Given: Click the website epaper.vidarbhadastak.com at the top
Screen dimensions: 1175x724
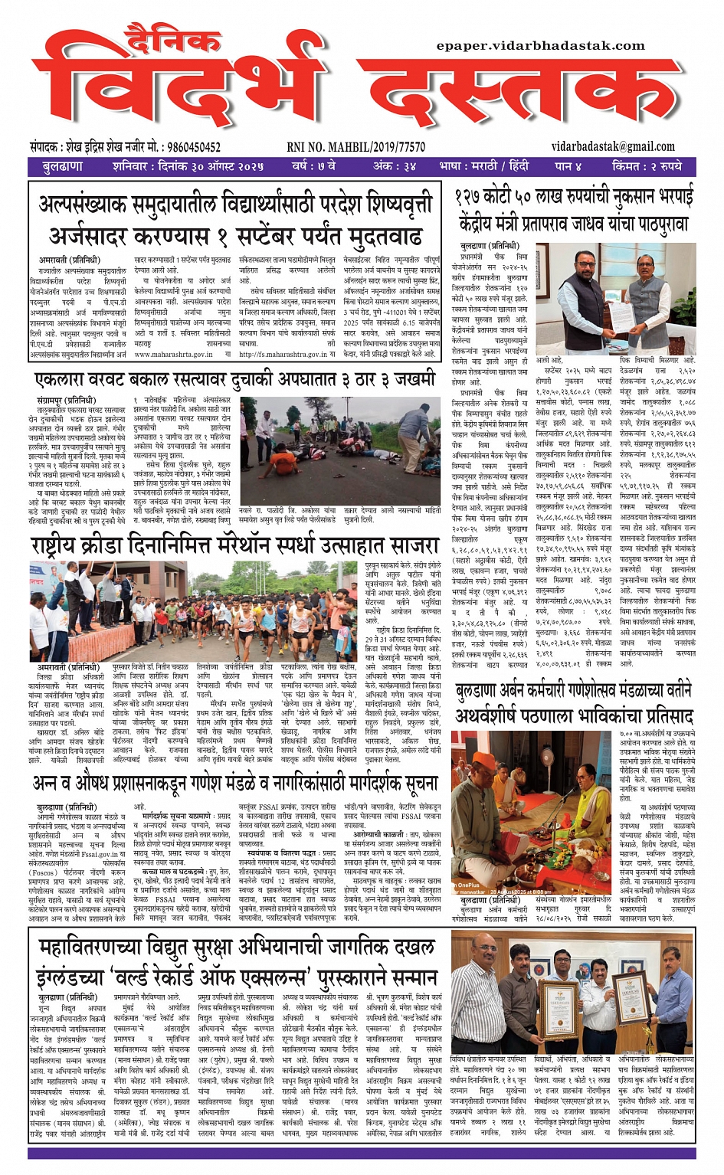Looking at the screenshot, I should tap(540, 46).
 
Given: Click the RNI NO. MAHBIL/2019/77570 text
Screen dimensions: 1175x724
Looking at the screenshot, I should tap(355, 146).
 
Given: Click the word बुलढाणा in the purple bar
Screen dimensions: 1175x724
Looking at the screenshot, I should tap(63, 166).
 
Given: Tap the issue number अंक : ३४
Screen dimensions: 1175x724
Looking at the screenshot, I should tap(395, 166).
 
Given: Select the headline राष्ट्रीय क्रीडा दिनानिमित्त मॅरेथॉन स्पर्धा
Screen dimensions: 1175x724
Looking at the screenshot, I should tap(234, 546).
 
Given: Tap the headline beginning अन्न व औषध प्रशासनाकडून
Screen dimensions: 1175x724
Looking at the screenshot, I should tap(235, 783).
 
